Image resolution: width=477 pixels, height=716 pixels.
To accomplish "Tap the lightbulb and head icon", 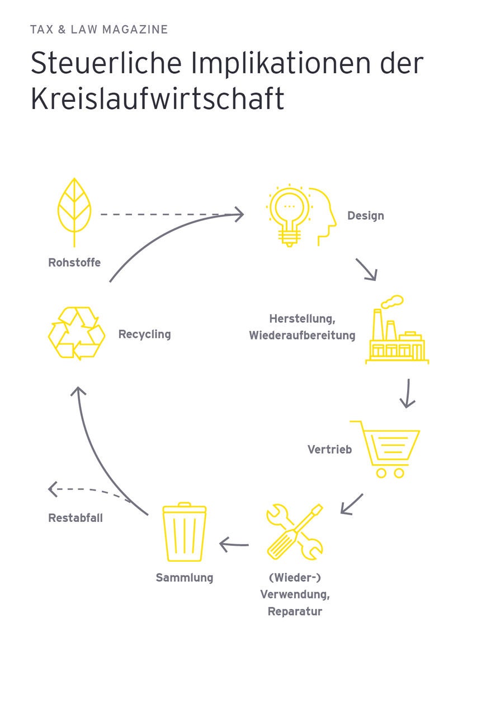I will [300, 215].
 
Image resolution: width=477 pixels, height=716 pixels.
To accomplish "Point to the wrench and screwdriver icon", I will [294, 532].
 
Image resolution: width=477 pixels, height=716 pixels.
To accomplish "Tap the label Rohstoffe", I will [74, 262].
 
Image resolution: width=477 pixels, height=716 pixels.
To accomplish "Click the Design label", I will [366, 216].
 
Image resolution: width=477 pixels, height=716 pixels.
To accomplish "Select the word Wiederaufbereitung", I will [302, 336].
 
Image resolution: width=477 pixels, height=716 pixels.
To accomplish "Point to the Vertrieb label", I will [329, 449].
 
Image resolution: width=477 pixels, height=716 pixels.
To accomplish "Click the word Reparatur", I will [295, 611].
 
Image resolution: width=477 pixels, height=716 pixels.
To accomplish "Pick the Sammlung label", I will [185, 578].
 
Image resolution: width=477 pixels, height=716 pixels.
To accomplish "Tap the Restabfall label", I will [75, 518].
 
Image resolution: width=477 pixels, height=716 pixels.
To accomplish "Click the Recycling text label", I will [144, 335].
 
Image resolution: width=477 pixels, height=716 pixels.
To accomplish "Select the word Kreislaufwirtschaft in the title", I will [157, 98].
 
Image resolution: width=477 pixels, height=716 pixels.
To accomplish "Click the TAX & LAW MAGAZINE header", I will [99, 30].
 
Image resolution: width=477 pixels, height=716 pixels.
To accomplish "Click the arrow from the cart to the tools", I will [352, 503].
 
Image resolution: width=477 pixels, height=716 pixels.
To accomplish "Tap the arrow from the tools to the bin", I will [234, 544].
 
